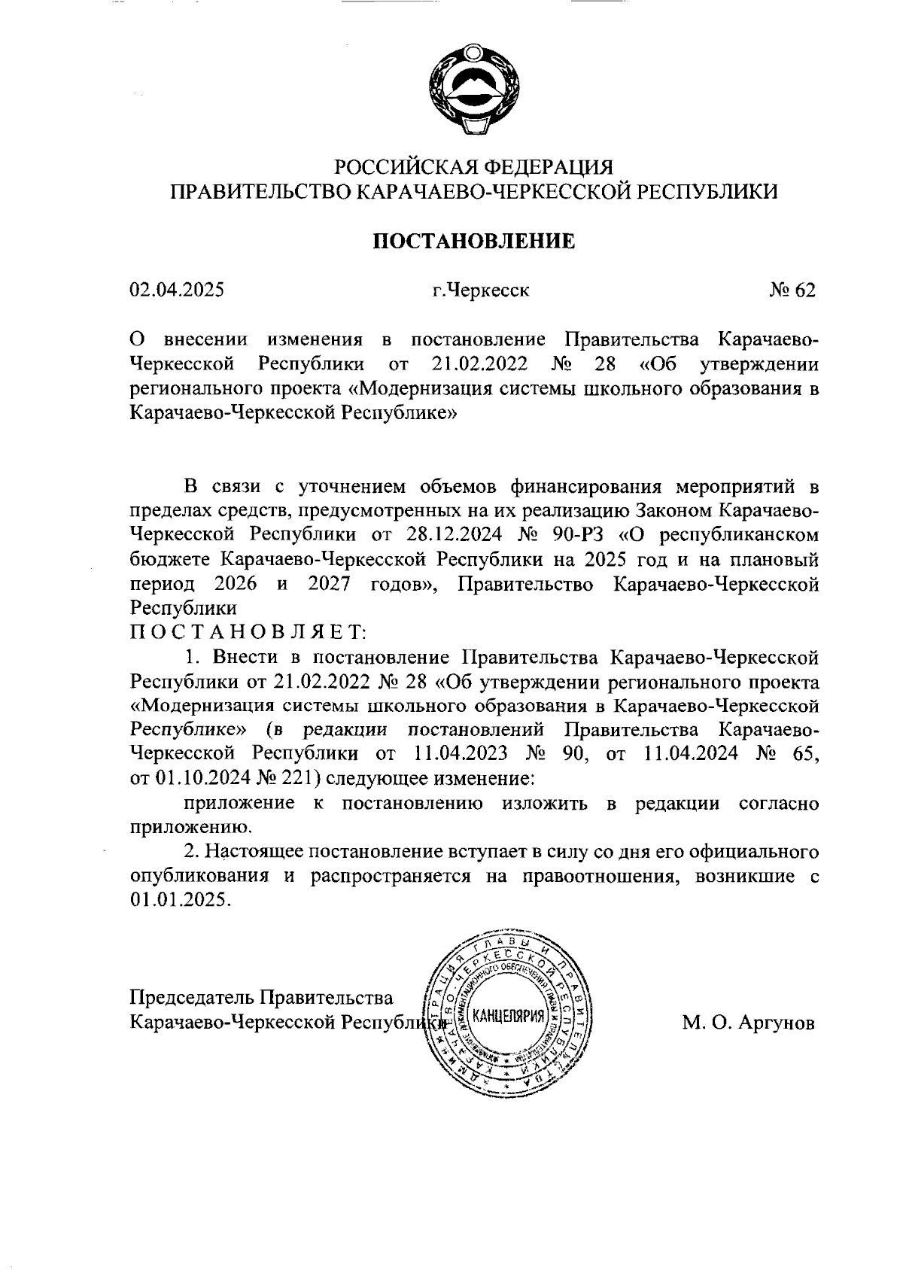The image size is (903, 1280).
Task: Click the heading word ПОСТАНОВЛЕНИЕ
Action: coord(474,241)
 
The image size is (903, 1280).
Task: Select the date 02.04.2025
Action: coord(177,290)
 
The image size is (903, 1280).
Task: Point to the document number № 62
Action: coord(792,290)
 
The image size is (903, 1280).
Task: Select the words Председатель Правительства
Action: coord(262,999)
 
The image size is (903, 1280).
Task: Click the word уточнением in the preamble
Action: coord(351,486)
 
